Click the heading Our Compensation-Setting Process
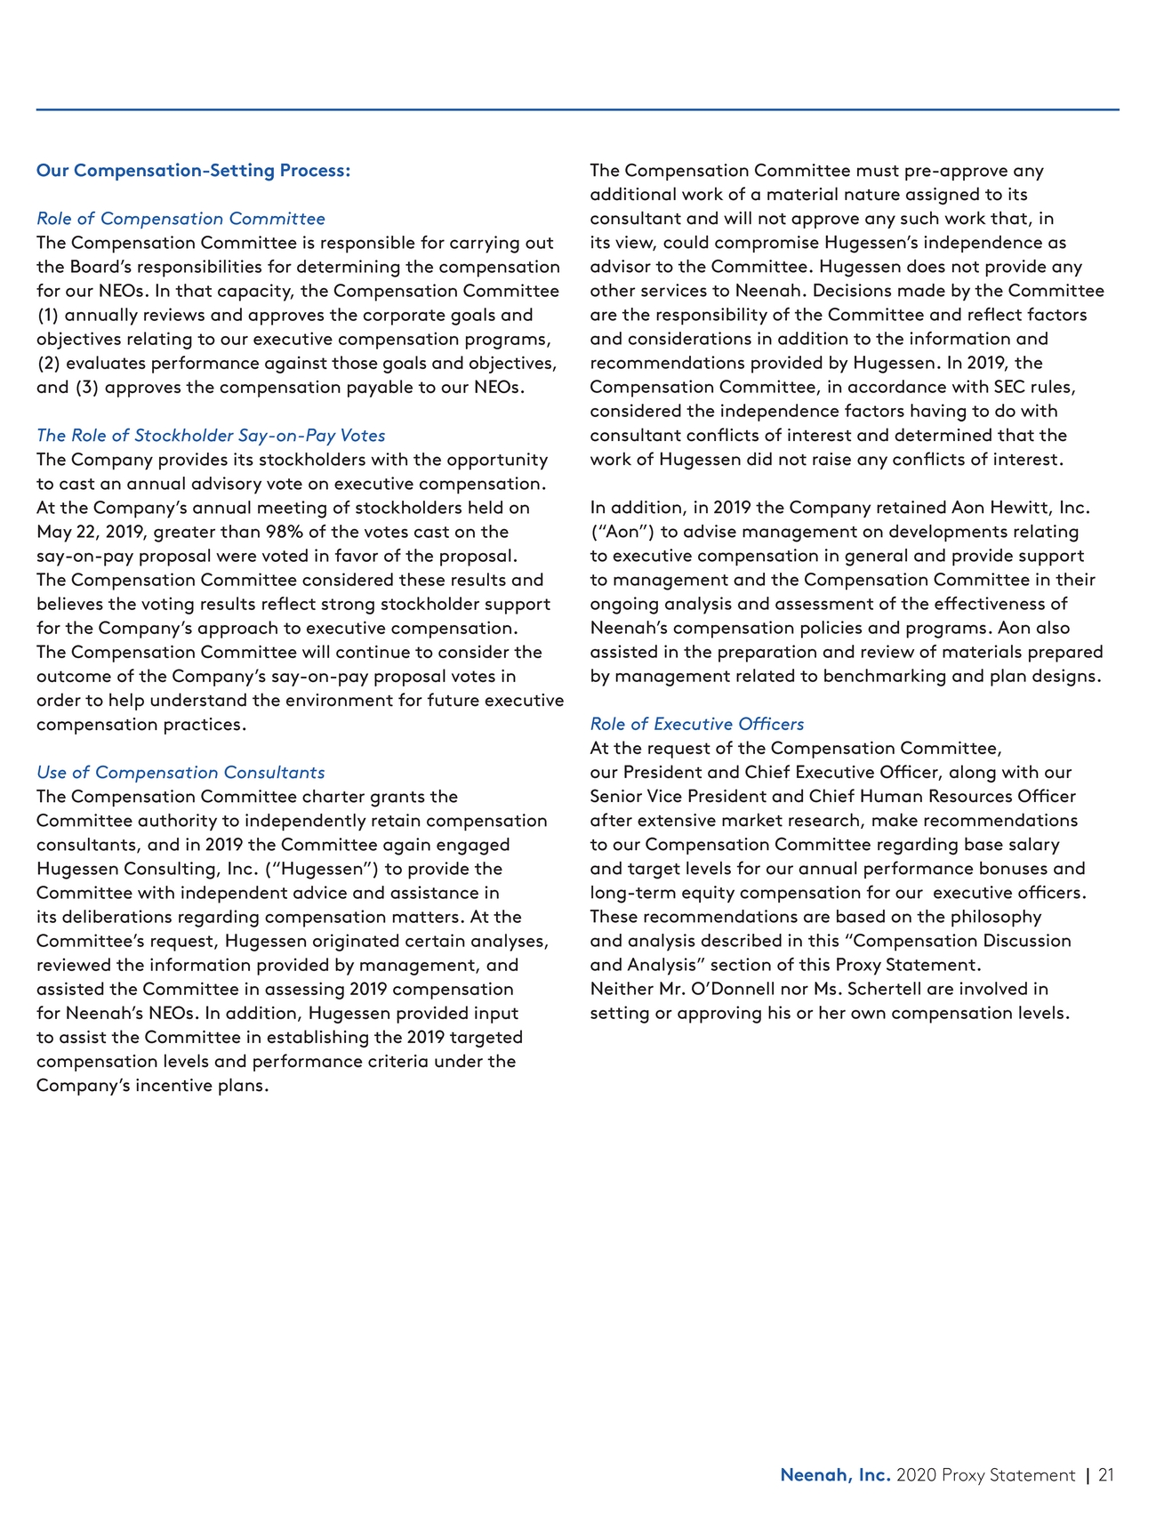coord(193,170)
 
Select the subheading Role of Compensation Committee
coord(181,219)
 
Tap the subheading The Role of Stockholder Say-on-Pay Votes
coord(211,436)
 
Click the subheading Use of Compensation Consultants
coord(181,773)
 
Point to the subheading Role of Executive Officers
coord(696,725)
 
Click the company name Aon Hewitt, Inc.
coord(1020,508)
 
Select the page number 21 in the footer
coord(1105,1475)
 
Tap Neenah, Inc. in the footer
coord(835,1475)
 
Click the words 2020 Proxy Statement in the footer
coord(985,1475)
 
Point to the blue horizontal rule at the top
coord(577,110)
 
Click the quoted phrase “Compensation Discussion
coord(961,941)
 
